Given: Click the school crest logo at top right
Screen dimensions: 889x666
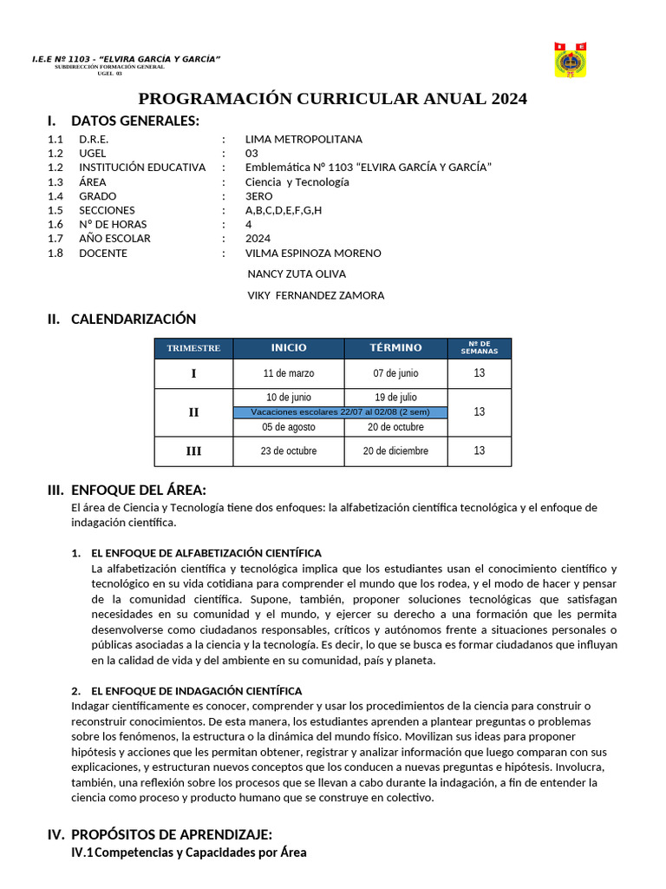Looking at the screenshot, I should point(570,60).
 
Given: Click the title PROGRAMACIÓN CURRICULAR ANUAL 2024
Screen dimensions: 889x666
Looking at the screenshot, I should point(333,99).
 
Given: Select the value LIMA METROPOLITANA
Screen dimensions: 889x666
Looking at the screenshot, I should point(304,139).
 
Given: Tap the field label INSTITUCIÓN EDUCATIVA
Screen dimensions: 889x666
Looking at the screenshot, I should point(142,168).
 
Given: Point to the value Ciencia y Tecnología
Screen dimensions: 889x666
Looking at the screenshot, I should point(297,181).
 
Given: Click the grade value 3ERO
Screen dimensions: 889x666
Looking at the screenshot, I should point(258,196).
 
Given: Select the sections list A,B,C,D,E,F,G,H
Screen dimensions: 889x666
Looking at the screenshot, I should point(284,210).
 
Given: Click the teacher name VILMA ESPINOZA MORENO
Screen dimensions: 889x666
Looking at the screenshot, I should point(313,254).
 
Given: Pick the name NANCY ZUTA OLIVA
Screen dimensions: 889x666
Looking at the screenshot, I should point(297,273).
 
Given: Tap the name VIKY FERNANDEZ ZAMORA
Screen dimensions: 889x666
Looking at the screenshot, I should point(316,295).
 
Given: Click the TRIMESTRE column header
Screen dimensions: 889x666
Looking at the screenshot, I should point(193,348).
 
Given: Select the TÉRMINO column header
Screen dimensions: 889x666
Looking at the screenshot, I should point(395,348).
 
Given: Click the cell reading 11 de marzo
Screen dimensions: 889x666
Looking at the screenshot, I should point(289,373).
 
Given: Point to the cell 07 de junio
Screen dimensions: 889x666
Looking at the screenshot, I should point(395,373).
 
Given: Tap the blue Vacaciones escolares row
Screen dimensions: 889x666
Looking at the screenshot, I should point(340,412).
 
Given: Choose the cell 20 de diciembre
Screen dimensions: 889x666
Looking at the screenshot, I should point(395,451).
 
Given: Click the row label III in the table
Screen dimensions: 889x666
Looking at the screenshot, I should point(193,451).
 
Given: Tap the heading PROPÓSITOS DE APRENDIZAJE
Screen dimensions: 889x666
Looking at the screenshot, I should point(172,834).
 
